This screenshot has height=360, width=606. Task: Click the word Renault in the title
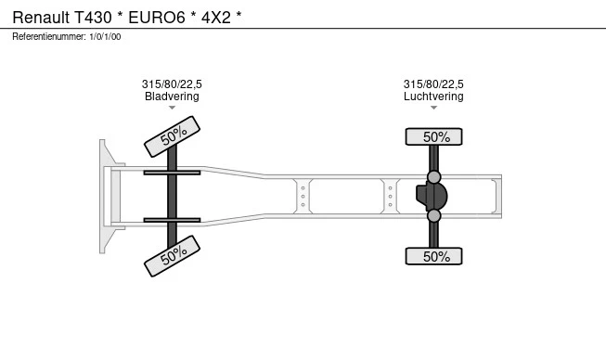(x=41, y=18)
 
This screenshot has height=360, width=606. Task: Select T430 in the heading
(x=93, y=18)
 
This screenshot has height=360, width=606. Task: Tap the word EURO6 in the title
(x=157, y=18)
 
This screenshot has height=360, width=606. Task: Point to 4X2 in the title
(x=216, y=18)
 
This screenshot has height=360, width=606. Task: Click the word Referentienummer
(x=49, y=37)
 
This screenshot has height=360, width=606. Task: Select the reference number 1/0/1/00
(x=105, y=37)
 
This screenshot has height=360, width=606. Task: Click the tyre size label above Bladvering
(x=172, y=84)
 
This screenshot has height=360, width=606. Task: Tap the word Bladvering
(x=172, y=96)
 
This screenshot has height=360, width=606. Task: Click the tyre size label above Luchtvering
(x=433, y=84)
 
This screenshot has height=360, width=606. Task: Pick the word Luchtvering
(x=433, y=96)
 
